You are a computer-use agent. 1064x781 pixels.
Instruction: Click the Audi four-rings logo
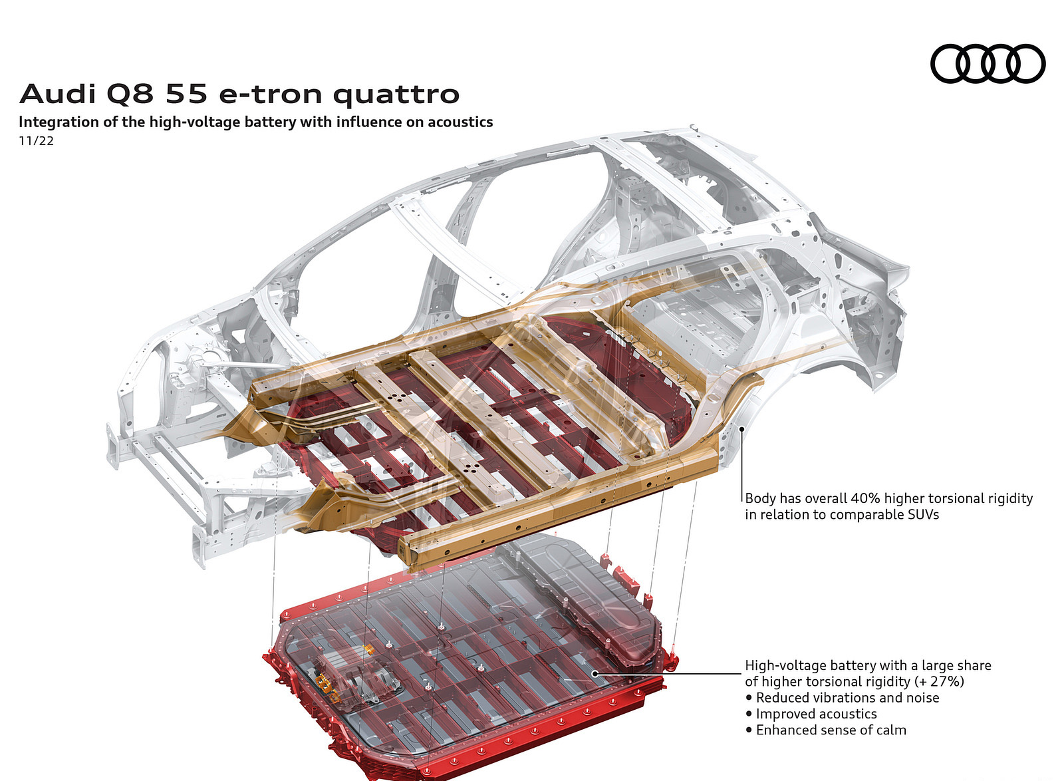(x=988, y=64)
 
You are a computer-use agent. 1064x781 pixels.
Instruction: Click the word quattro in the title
(x=396, y=95)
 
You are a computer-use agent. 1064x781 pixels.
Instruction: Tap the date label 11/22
(x=37, y=141)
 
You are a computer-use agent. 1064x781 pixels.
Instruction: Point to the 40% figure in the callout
(x=865, y=498)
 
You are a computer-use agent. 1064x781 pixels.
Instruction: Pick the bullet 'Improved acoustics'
(x=816, y=714)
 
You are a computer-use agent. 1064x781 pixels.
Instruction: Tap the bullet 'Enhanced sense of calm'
(x=831, y=730)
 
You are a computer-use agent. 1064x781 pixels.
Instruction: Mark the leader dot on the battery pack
(x=595, y=674)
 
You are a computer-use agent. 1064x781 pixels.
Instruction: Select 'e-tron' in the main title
(x=272, y=94)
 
